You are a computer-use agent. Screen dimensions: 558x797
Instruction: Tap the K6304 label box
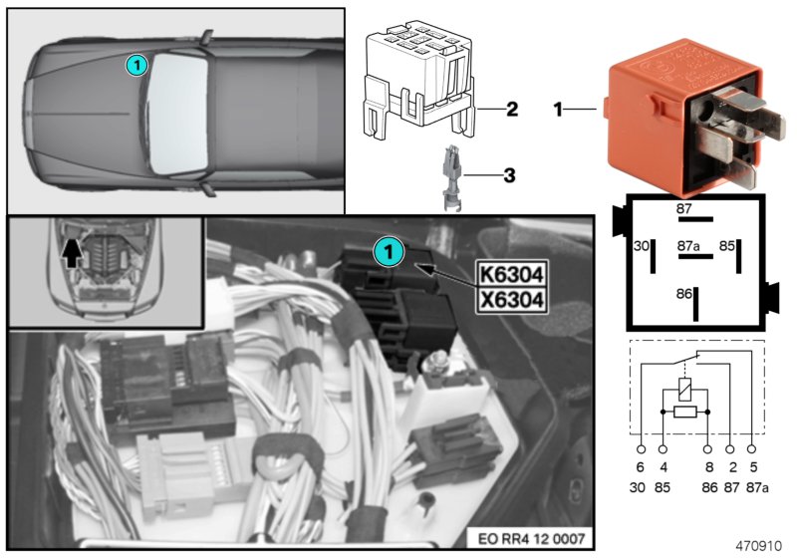click(x=511, y=272)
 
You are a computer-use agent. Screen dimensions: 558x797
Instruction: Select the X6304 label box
click(x=511, y=297)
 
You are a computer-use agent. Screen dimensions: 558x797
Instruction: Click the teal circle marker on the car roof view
click(x=136, y=66)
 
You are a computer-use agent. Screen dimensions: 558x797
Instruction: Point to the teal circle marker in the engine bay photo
click(x=389, y=252)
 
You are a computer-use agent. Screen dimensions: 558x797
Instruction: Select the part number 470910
click(x=762, y=545)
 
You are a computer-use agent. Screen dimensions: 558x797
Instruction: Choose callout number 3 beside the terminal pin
click(x=509, y=176)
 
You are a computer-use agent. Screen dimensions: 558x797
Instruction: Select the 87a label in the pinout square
click(x=689, y=242)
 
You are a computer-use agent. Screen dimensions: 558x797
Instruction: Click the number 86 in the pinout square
click(x=682, y=295)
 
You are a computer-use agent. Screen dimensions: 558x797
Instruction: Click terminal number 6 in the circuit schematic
click(x=640, y=466)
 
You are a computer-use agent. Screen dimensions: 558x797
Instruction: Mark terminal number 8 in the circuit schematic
click(x=707, y=466)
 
